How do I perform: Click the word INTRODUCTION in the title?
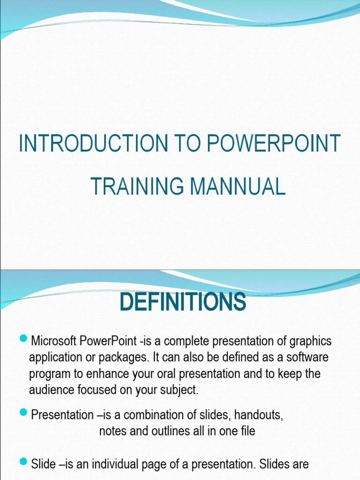tap(93, 143)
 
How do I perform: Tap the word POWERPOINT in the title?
tap(274, 143)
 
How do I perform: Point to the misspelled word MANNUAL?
tap(238, 186)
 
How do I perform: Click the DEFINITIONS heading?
tap(183, 302)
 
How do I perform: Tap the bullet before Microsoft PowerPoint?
tap(23, 338)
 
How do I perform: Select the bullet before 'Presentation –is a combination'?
tap(23, 412)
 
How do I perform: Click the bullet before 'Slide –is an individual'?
tap(23, 461)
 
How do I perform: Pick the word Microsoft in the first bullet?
tap(53, 341)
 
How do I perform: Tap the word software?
tap(307, 357)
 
